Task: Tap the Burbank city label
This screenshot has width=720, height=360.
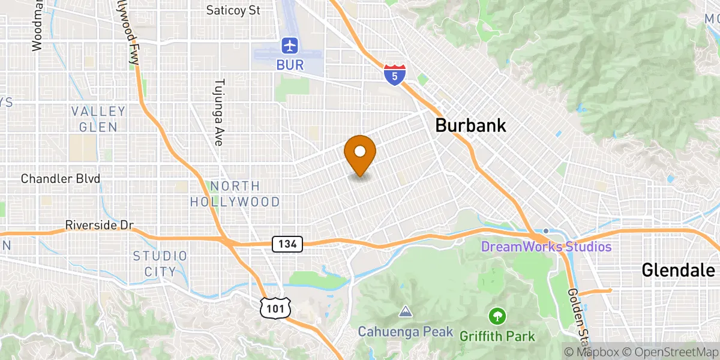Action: [470, 125]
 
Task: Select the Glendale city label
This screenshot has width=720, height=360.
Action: [679, 270]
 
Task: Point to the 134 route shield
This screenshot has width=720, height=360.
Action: [287, 244]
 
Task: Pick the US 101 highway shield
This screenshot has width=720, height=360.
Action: [276, 308]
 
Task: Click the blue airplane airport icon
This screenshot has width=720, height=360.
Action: [290, 45]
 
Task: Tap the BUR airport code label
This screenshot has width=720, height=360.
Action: [290, 64]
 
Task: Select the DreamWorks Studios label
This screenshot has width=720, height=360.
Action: [546, 247]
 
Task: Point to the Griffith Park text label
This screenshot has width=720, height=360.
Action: [497, 335]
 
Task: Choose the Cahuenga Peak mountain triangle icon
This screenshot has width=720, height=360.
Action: [406, 312]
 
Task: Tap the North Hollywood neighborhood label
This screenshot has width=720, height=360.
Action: [235, 194]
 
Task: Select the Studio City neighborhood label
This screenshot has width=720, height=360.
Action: [160, 263]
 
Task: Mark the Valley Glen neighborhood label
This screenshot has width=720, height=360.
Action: [98, 119]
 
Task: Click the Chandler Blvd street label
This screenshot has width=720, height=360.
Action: [60, 179]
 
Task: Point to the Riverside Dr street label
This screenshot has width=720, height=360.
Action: [99, 226]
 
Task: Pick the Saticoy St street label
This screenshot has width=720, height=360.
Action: [233, 10]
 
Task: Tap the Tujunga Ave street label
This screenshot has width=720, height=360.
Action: [219, 112]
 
